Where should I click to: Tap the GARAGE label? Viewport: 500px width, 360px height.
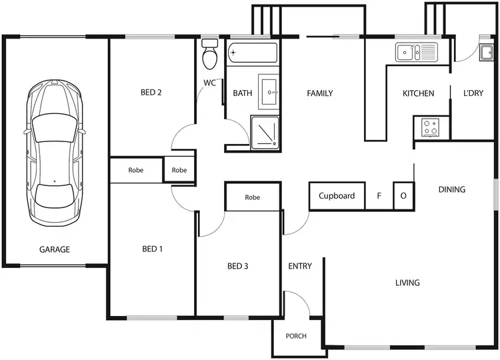tap(55, 249)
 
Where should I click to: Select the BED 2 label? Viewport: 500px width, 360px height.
tap(151, 93)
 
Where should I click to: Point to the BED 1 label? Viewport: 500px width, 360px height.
tap(153, 249)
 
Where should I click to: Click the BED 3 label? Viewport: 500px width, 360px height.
tap(238, 267)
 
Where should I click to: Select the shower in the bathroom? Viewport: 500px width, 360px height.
tap(265, 131)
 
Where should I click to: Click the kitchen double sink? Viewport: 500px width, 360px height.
tap(415, 51)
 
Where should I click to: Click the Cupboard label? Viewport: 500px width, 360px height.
tap(337, 196)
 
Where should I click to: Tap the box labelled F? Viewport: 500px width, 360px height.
tap(379, 196)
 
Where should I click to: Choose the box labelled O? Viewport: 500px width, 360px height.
tap(403, 196)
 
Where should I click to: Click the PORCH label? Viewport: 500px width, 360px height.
tap(296, 336)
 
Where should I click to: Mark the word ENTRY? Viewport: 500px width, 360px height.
tap(300, 267)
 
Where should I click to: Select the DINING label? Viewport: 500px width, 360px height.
tap(452, 190)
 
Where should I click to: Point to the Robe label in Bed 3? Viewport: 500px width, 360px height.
tap(252, 197)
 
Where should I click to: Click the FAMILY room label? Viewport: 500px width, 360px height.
tap(320, 93)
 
